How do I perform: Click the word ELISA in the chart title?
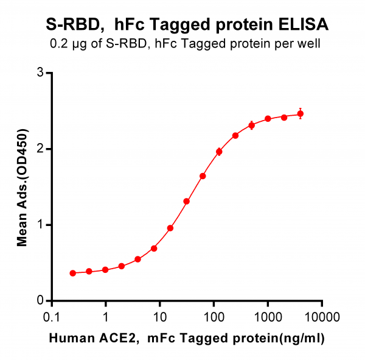tap(304, 24)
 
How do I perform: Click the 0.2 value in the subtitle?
tap(59, 43)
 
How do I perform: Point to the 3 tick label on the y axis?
tap(40, 72)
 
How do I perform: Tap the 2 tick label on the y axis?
tap(40, 149)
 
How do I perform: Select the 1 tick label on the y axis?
tap(40, 225)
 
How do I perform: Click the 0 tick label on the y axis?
tap(40, 300)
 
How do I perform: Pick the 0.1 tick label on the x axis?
tap(52, 317)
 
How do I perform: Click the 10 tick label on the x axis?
tap(159, 317)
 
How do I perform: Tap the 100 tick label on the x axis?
tap(214, 317)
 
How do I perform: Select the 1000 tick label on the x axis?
tap(268, 317)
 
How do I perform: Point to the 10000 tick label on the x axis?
tap(322, 317)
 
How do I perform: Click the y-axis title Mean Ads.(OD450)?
tap(23, 188)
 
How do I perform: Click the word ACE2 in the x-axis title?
tap(117, 338)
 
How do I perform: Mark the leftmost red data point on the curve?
tap(73, 273)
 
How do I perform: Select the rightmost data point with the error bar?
tap(301, 114)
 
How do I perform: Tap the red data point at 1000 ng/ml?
tap(268, 119)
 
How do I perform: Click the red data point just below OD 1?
tap(170, 228)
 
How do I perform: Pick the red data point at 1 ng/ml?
tap(105, 270)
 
